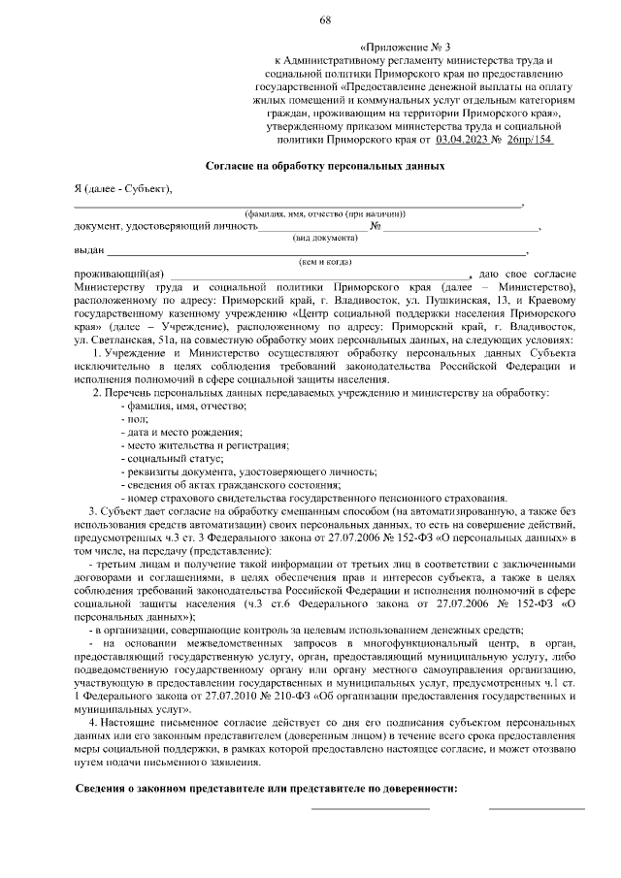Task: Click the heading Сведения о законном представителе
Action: tap(266, 787)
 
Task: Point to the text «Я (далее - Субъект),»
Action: tap(122, 188)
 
